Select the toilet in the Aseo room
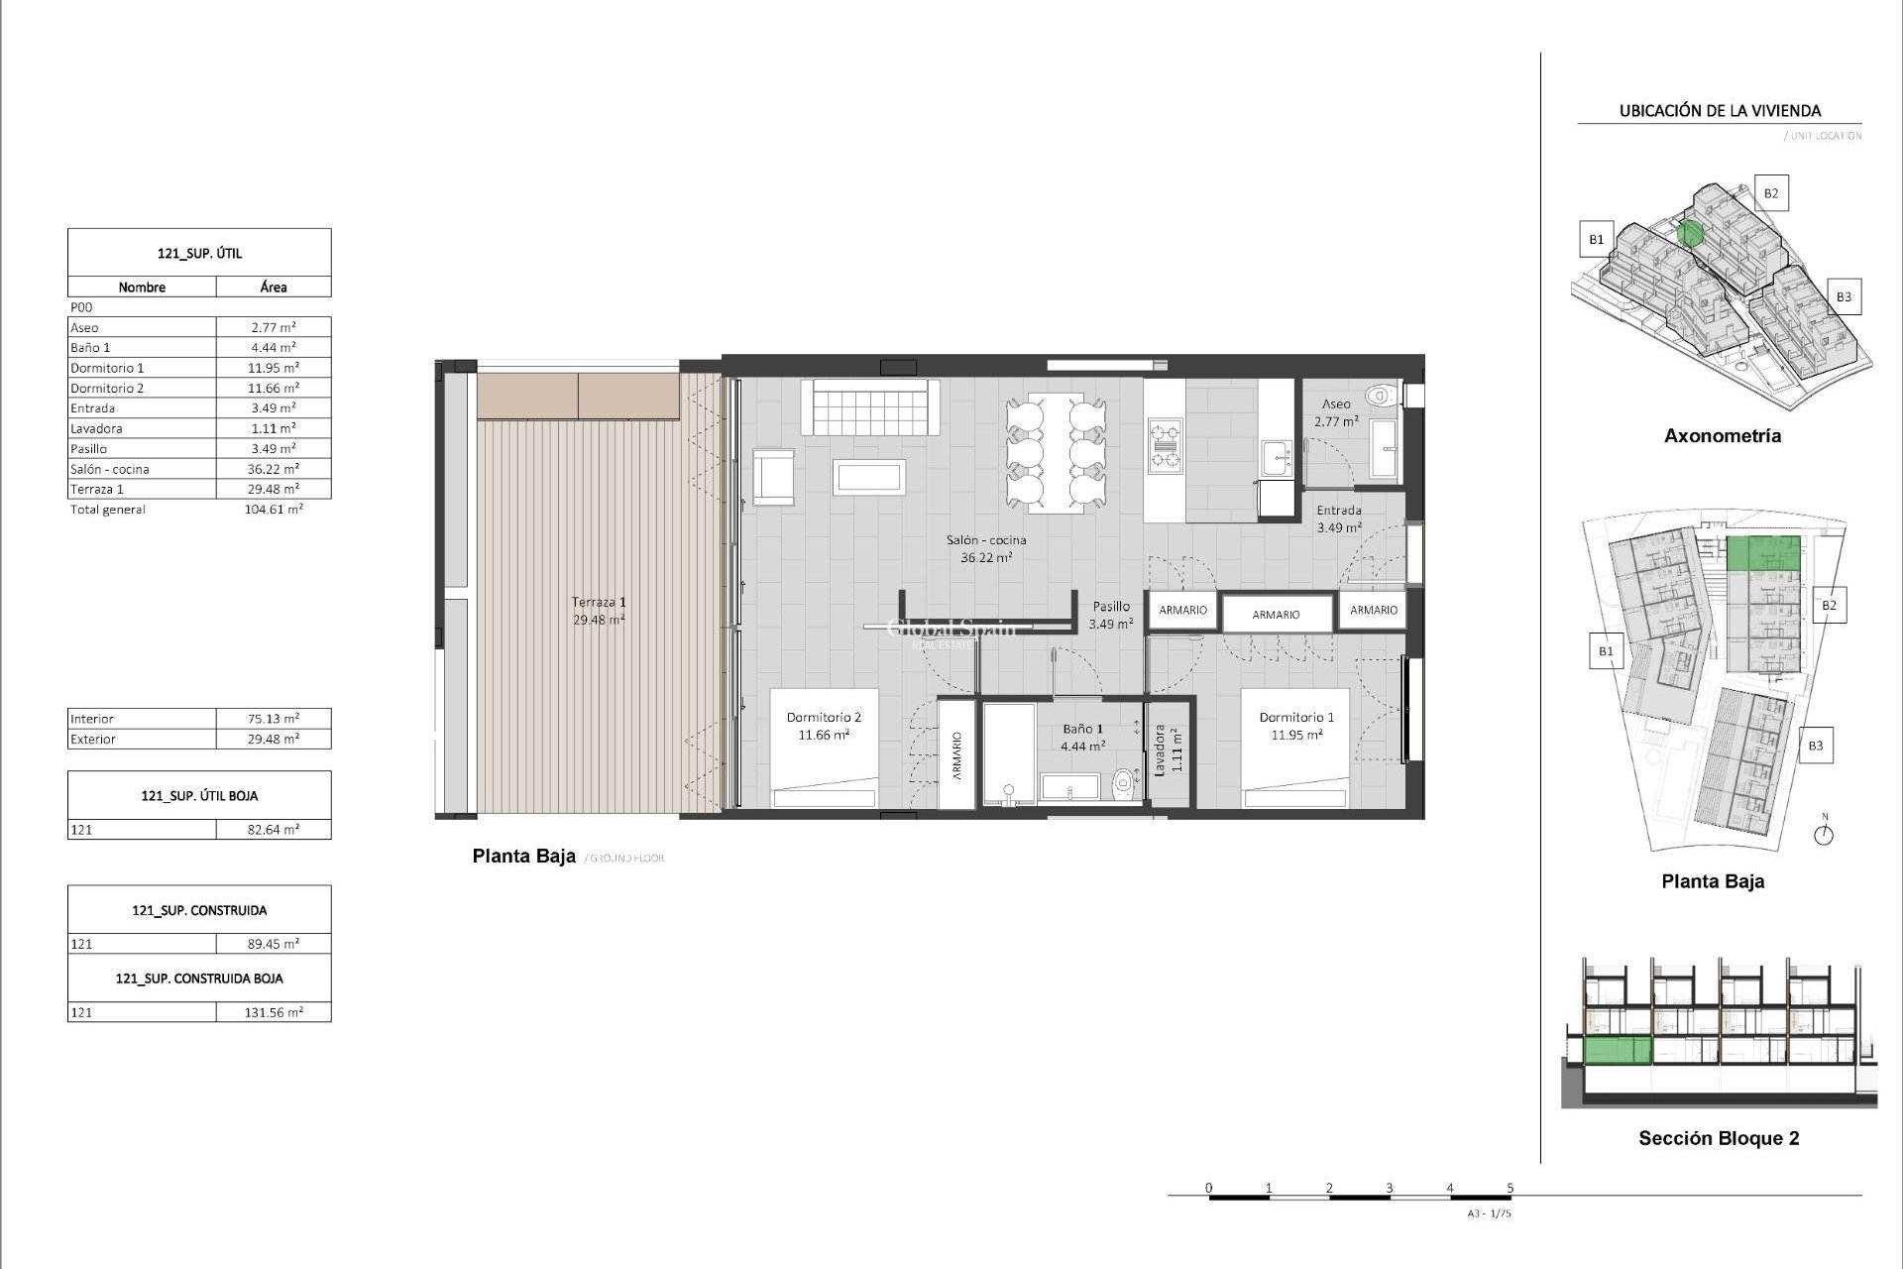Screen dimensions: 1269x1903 click(1379, 397)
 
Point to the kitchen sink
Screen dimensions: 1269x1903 click(1277, 458)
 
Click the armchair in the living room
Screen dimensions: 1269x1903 click(773, 478)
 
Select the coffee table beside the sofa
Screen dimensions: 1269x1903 click(868, 478)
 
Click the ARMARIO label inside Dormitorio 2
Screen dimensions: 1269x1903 click(957, 755)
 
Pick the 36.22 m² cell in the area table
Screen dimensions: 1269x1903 click(273, 469)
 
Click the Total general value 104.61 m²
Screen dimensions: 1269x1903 click(275, 509)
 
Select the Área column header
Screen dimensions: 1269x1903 click(274, 288)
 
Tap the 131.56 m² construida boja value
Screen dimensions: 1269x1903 click(275, 1012)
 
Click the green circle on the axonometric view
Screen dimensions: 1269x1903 click(1691, 234)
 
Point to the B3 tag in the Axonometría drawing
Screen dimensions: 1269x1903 click(1843, 296)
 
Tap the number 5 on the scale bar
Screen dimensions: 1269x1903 click(1510, 1187)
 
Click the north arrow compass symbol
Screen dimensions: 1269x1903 click(1824, 834)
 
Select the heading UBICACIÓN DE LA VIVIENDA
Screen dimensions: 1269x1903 click(1720, 111)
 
